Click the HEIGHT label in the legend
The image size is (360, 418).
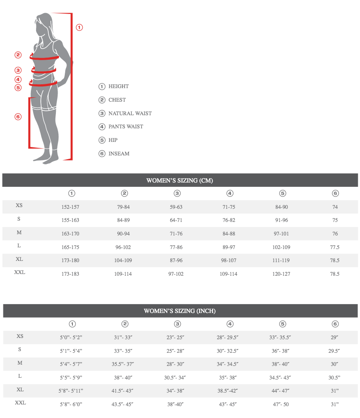tap(119, 86)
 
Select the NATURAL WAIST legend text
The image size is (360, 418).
tap(130, 113)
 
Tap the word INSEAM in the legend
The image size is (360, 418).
tap(119, 154)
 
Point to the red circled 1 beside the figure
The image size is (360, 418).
tap(79, 28)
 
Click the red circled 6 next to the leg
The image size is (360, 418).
tap(18, 116)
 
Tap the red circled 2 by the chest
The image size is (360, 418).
tap(18, 55)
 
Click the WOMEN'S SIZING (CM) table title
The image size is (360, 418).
tap(180, 180)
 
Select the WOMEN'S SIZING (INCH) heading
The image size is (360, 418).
tap(180, 311)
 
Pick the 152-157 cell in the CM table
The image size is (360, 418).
tap(70, 207)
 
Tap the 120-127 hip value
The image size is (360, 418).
tap(281, 274)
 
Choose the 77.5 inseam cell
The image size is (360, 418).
tap(335, 247)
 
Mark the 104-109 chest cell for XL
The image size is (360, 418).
tap(123, 260)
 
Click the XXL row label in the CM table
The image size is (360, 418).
tap(19, 272)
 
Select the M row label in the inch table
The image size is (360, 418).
tap(20, 363)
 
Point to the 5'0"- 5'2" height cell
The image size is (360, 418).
tap(71, 338)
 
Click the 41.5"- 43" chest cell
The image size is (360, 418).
tap(123, 391)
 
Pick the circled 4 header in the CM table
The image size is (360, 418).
tap(230, 194)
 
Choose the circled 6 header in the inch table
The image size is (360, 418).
tap(335, 324)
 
